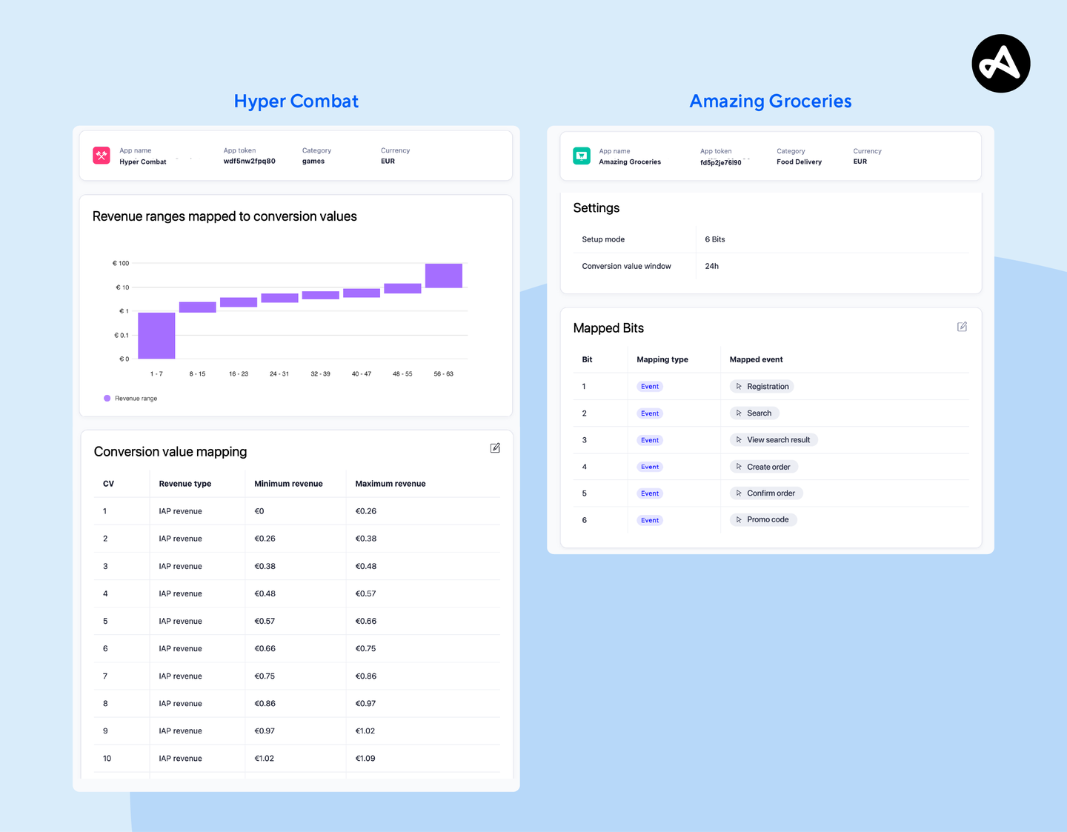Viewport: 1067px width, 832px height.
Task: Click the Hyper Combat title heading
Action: [x=296, y=101]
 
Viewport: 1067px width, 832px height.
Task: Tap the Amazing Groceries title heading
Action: [x=770, y=101]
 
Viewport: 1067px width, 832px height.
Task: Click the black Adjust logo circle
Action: [x=1000, y=64]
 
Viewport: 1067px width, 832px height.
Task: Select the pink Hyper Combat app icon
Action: [x=102, y=156]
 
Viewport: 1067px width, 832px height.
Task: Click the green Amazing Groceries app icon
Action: [x=582, y=156]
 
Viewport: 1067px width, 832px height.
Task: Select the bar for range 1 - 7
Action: [x=156, y=335]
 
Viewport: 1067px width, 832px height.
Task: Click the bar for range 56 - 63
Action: [x=443, y=276]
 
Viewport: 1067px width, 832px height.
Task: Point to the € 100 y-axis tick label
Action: [x=121, y=263]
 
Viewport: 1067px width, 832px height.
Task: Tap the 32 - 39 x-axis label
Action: [x=320, y=374]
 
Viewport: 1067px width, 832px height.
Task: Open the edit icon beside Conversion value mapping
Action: [x=495, y=448]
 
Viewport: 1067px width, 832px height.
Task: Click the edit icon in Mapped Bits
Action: [x=962, y=327]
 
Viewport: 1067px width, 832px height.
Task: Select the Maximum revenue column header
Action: [x=390, y=484]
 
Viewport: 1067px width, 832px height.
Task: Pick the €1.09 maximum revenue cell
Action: [x=365, y=759]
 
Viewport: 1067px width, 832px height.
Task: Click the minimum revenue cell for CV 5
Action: [x=265, y=621]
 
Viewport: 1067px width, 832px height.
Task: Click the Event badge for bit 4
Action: [x=650, y=467]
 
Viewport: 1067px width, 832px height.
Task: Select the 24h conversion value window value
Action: [x=711, y=266]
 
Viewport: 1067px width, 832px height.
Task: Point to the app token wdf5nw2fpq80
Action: [x=249, y=162]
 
